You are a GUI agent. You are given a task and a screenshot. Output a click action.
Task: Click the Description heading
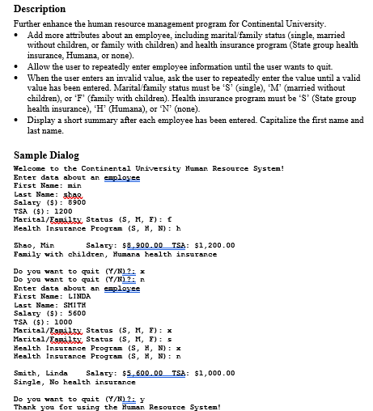pos(40,9)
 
